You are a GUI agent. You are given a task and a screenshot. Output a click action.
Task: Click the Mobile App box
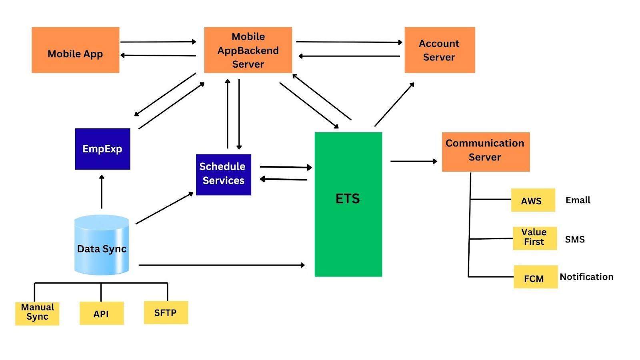coord(75,50)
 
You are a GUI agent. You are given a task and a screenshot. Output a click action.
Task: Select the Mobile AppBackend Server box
coord(248,50)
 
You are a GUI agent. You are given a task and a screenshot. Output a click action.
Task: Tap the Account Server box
coord(440,50)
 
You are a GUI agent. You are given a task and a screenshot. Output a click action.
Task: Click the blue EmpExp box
coord(102,149)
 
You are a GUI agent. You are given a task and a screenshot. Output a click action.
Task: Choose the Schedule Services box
coord(223,174)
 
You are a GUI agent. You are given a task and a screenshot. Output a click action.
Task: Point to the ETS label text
coord(348,199)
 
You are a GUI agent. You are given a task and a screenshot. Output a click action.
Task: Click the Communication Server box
coord(485,152)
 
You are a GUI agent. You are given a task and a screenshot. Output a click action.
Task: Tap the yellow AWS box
coord(533,200)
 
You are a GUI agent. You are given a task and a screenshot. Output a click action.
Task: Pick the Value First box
coord(534,238)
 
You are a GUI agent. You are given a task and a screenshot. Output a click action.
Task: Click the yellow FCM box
coord(535,277)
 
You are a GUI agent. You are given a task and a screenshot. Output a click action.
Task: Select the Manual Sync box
coord(37,313)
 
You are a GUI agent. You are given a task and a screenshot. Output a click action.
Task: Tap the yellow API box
coord(101,313)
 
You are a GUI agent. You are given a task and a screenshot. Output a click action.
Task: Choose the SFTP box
coord(166,312)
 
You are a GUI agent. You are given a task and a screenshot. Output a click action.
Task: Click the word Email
coord(578,200)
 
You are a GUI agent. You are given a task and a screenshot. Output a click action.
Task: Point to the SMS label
coord(574,239)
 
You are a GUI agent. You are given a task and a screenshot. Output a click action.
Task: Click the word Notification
coord(586,277)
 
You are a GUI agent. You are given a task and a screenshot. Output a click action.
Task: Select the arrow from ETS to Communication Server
coord(413,161)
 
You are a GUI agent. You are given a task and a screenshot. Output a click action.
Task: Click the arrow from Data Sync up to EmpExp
coord(102,192)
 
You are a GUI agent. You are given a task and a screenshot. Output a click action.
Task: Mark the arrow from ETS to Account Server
coord(394,105)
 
